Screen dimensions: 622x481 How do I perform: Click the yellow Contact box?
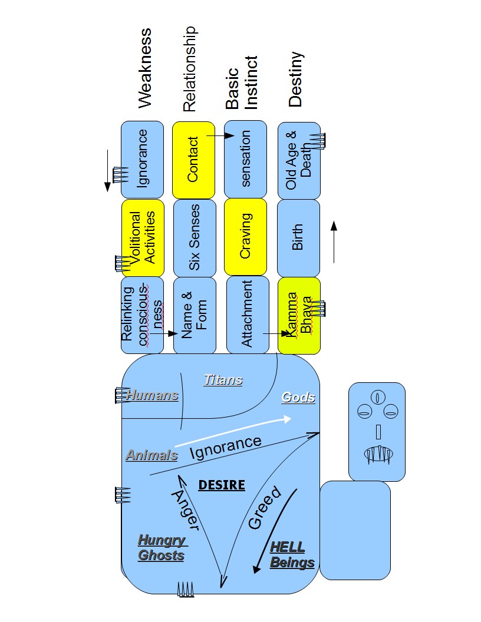click(193, 160)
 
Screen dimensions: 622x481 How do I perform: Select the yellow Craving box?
click(245, 237)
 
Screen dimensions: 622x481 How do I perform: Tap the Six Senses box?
click(195, 237)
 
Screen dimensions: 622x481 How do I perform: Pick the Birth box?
click(298, 237)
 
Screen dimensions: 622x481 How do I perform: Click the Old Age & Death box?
click(298, 160)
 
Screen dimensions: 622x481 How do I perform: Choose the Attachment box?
click(248, 315)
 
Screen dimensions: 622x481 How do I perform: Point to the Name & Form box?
click(195, 315)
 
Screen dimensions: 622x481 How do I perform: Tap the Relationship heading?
click(189, 69)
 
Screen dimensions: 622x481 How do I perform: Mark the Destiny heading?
click(295, 80)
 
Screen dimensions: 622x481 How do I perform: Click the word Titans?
click(223, 380)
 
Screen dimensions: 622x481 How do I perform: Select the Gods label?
click(298, 398)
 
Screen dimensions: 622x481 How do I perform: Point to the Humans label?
click(152, 396)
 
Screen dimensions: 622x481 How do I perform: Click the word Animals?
click(151, 455)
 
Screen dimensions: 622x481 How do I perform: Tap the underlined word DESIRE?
click(222, 485)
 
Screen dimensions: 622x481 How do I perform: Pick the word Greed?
click(265, 508)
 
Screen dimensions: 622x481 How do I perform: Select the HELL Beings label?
click(292, 555)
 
